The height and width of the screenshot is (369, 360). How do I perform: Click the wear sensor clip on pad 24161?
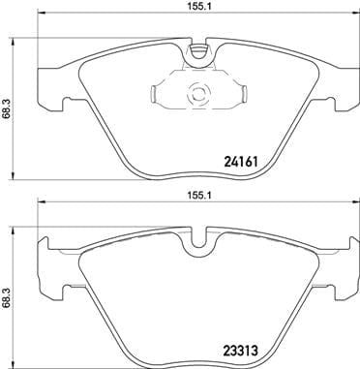(197, 94)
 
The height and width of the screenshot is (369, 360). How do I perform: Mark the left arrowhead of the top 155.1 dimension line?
(40, 18)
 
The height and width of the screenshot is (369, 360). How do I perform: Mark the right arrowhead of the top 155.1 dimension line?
(355, 18)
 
